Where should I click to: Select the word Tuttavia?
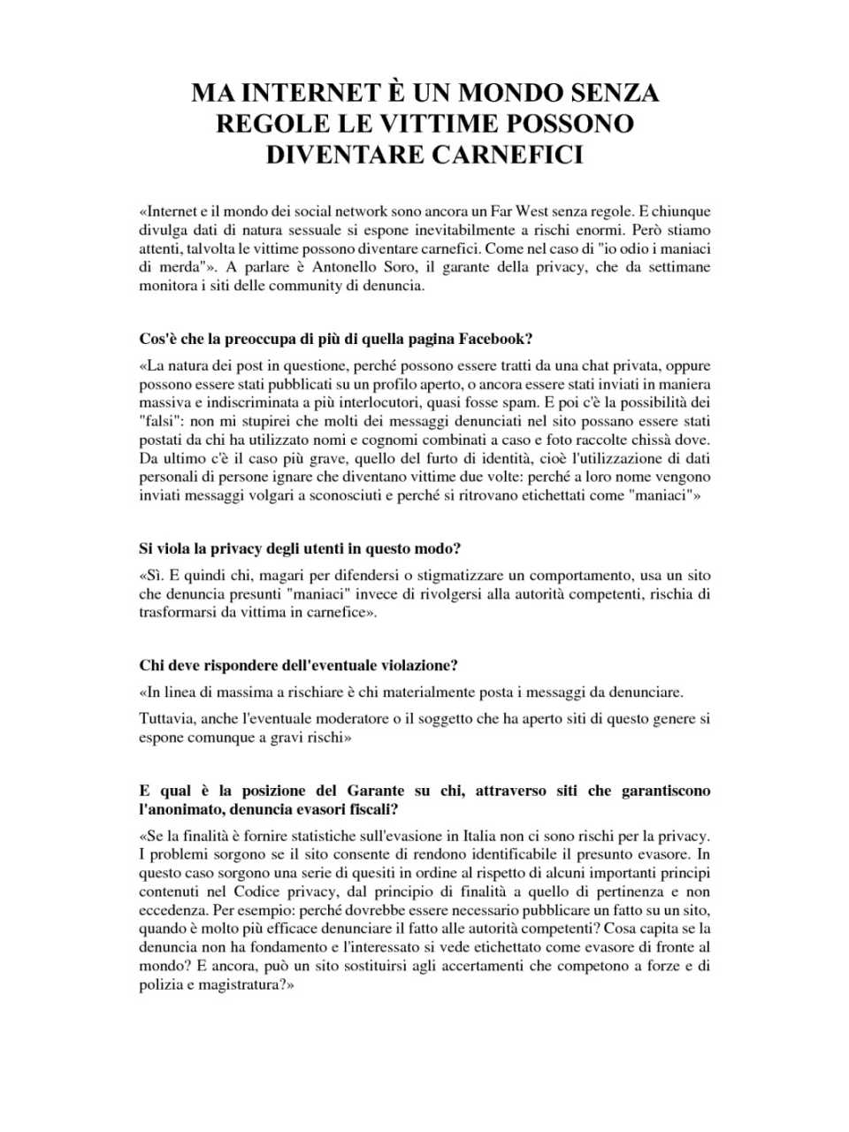[167, 719]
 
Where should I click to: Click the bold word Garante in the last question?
[375, 791]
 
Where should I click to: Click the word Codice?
[256, 891]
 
